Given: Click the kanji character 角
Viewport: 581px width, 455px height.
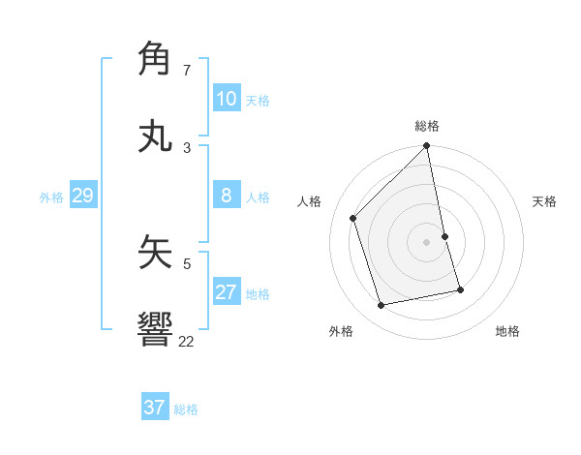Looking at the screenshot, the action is click(155, 59).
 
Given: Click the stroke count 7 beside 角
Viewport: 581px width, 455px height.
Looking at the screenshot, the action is click(187, 71).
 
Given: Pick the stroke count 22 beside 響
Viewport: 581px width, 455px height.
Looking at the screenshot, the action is click(186, 341).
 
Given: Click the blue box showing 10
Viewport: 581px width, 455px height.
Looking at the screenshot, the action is click(226, 99).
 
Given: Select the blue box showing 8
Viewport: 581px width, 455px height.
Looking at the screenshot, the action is click(226, 196).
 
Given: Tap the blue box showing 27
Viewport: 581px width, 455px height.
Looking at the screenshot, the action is click(226, 292).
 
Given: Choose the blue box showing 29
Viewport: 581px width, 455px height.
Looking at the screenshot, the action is click(82, 196).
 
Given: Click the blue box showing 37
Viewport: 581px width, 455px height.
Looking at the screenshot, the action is click(154, 408).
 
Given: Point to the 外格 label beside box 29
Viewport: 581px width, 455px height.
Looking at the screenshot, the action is click(51, 197).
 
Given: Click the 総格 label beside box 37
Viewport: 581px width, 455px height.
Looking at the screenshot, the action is click(186, 409).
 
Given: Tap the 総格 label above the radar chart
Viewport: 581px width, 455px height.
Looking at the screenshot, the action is click(427, 126).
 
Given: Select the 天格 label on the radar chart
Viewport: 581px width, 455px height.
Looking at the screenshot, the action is click(545, 201).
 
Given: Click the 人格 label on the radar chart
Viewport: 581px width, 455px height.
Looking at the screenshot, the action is click(309, 201).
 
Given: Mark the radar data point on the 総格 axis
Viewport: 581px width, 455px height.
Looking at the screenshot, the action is click(427, 147).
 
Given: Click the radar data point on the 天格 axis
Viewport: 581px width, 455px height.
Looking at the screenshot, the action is click(444, 236).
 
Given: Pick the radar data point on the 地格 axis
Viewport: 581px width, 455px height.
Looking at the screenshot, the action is click(460, 289).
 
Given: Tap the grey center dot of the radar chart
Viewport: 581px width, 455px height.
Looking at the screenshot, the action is click(427, 242).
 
